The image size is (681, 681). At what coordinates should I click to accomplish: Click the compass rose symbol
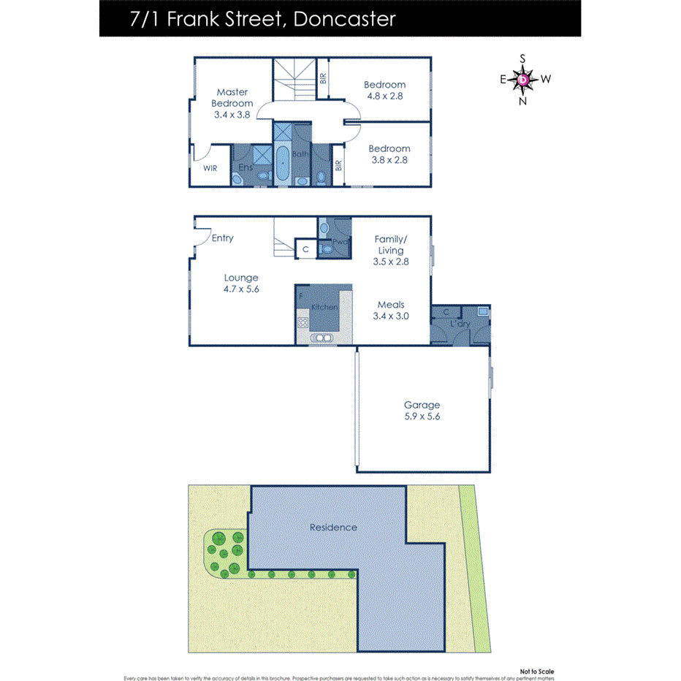(x=524, y=79)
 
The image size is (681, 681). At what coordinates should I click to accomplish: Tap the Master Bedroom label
(x=232, y=103)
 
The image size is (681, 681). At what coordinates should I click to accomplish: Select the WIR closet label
(x=210, y=168)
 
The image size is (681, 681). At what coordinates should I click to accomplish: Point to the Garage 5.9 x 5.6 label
(x=422, y=411)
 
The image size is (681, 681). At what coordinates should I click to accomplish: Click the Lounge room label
(x=241, y=283)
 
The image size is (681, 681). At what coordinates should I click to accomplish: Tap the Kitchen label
(x=324, y=307)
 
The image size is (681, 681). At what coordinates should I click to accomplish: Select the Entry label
(x=222, y=238)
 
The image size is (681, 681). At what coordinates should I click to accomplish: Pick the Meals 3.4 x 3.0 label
(x=390, y=311)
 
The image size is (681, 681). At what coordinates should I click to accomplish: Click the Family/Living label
(x=390, y=245)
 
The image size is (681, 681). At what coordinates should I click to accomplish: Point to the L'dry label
(x=460, y=324)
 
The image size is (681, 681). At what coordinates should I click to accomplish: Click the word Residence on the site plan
(x=333, y=527)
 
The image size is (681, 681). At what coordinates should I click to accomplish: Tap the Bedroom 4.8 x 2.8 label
(x=384, y=90)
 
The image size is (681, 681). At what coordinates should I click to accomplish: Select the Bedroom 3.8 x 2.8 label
(x=389, y=153)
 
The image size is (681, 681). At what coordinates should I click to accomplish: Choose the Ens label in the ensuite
(x=246, y=167)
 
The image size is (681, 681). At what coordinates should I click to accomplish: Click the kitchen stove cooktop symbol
(x=303, y=322)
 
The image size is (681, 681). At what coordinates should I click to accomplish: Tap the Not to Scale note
(x=537, y=671)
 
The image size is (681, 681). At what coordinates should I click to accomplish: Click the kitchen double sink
(x=322, y=338)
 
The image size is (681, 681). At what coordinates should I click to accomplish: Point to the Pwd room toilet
(x=327, y=249)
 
